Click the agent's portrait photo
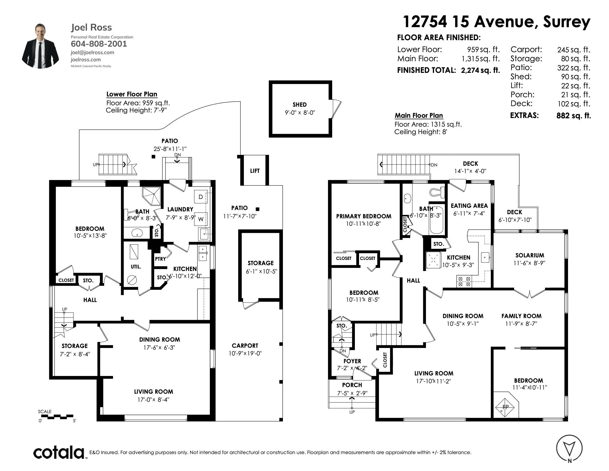coord(40,46)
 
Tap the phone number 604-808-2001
coord(99,44)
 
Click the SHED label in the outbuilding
coord(300,105)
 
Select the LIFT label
coord(255,171)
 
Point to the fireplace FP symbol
coord(505,407)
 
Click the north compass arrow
coord(569,447)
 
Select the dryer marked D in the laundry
coord(201,197)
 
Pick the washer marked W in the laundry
coord(201,219)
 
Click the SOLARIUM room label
coord(530,255)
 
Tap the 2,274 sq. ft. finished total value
coord(481,70)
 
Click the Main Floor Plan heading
coord(419,116)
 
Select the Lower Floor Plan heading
coord(131,94)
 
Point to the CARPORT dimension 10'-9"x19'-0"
coord(245,353)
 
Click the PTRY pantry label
coord(160,259)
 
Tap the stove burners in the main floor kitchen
coord(464,281)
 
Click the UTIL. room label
coord(136,267)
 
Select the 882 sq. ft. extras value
coord(574,116)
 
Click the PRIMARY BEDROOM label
coord(364,216)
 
